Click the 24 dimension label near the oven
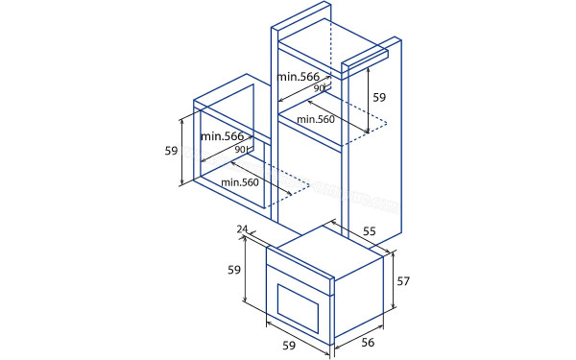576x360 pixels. pos(242,229)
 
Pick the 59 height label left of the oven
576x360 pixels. pos(233,271)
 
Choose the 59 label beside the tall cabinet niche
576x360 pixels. pos(379,97)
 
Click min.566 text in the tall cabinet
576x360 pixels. pos(299,76)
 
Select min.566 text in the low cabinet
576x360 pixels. pos(222,136)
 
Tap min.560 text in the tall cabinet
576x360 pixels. pos(316,119)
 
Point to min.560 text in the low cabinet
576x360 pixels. pos(240,182)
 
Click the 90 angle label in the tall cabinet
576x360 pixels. pos(319,88)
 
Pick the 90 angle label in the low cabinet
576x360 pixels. pos(241,150)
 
